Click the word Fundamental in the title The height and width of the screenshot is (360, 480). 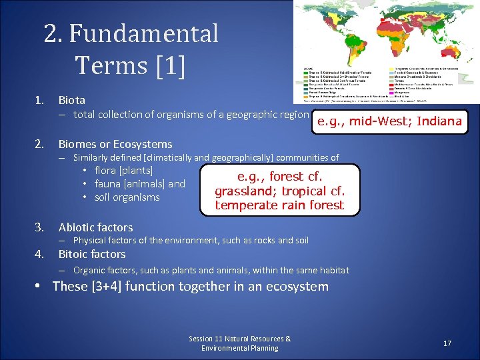pyautogui.click(x=143, y=33)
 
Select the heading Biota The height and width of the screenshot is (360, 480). pyautogui.click(x=71, y=100)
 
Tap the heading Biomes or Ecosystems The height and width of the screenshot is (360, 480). pyautogui.click(x=115, y=144)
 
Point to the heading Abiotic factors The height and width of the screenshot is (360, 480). pyautogui.click(x=95, y=227)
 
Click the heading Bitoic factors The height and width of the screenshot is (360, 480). pyautogui.click(x=91, y=254)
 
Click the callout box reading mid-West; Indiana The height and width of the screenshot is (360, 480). pyautogui.click(x=389, y=121)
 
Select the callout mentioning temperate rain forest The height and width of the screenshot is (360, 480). pyautogui.click(x=279, y=191)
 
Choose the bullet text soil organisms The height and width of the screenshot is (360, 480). pyautogui.click(x=127, y=197)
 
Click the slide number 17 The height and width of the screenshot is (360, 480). pyautogui.click(x=447, y=343)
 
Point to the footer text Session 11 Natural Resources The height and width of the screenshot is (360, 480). pyautogui.click(x=239, y=339)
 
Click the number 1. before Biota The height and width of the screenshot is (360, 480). pyautogui.click(x=39, y=100)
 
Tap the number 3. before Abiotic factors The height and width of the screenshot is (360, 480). pyautogui.click(x=39, y=227)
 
